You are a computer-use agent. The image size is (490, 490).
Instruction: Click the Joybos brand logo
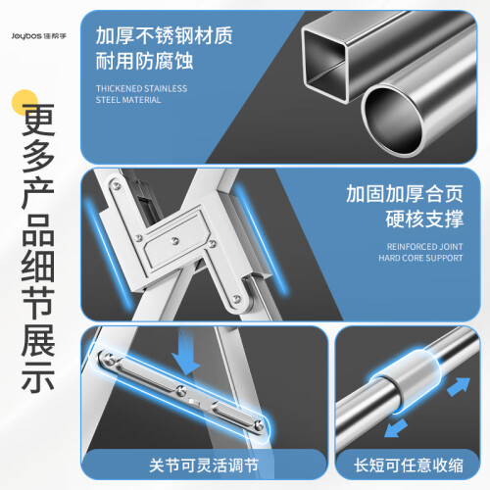[x=39, y=36]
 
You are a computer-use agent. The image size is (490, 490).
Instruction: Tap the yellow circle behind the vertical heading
[x=24, y=103]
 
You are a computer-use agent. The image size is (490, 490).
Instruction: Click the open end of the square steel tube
[x=324, y=65]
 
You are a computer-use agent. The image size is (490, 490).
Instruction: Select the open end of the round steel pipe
[x=393, y=121]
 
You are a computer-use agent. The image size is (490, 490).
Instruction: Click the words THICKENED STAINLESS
[x=141, y=88]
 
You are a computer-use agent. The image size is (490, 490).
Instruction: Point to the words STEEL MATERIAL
[x=128, y=100]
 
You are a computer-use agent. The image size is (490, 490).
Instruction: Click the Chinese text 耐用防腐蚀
[x=144, y=61]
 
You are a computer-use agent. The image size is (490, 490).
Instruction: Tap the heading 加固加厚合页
[x=405, y=194]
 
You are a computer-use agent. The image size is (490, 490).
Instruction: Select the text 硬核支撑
[x=424, y=219]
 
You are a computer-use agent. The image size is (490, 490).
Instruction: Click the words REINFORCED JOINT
[x=424, y=247]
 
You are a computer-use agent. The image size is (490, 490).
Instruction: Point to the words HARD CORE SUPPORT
[x=420, y=258]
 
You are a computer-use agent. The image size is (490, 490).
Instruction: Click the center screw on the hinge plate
[x=175, y=241]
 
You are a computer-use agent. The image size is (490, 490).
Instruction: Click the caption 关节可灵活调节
[x=204, y=465]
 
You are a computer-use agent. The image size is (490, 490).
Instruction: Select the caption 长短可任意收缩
[x=409, y=465]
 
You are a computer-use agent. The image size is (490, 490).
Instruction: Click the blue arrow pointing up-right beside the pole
[x=459, y=386]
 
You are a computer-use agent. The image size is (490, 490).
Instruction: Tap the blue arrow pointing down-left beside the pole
[x=396, y=428]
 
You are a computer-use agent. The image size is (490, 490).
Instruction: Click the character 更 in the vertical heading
[x=38, y=120]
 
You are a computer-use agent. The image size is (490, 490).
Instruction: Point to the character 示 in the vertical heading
[x=38, y=375]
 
